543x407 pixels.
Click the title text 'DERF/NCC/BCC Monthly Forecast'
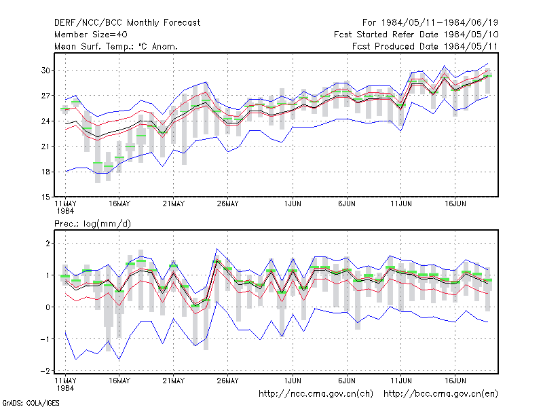127,23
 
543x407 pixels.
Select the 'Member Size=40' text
91,35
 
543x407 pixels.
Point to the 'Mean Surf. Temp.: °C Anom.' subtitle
116,46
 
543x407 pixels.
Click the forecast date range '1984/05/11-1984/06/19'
439,23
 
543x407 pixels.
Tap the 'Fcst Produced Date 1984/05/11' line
425,46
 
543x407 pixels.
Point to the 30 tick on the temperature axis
45,71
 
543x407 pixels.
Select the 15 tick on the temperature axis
45,197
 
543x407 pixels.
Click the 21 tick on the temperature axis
45,147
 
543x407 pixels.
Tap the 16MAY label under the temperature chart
119,203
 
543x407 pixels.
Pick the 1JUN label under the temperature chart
293,203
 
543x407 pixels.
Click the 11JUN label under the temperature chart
401,203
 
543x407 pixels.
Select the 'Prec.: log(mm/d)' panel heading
92,224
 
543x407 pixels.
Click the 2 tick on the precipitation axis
48,244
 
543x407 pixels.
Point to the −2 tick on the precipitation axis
45,370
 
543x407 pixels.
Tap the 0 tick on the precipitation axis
48,307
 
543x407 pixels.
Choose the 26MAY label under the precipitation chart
227,381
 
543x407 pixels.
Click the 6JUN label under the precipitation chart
347,381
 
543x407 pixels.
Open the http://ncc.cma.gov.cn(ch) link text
316,394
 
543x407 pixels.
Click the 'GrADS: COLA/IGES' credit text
31,403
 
